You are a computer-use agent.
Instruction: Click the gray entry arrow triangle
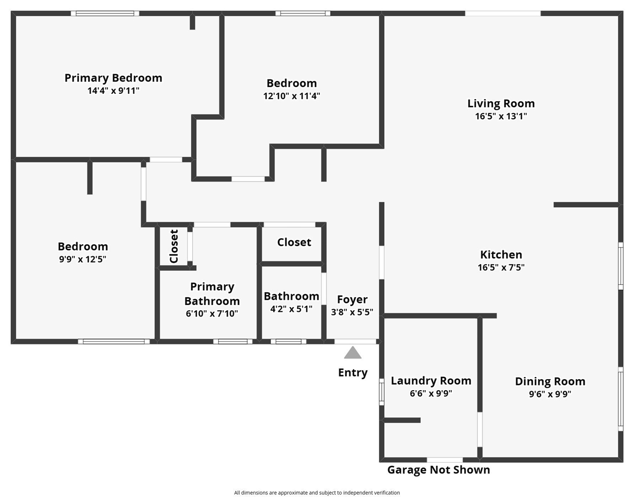point(353,353)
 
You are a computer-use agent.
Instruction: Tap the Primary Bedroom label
point(113,78)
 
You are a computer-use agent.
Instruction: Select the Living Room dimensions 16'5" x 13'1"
point(501,116)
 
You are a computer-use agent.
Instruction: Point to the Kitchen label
point(501,255)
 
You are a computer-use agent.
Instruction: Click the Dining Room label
point(550,381)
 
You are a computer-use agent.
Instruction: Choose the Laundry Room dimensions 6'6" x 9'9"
point(430,393)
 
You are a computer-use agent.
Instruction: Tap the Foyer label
point(352,299)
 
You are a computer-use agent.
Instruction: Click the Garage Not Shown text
point(438,470)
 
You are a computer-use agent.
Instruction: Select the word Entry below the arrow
point(353,372)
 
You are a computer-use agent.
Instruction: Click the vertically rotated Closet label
point(174,246)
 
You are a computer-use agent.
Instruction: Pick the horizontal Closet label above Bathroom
point(294,242)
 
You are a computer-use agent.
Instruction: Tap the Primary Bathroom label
point(212,294)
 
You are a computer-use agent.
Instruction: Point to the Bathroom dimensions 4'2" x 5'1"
point(291,309)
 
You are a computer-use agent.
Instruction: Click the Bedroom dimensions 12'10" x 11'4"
point(291,96)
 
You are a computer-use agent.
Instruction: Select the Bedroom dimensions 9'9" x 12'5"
point(83,259)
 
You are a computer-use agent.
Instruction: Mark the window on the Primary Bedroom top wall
point(105,13)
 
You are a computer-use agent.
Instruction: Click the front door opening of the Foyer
point(355,341)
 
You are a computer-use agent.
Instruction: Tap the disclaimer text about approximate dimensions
point(317,493)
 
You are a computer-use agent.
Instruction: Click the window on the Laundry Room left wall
point(382,392)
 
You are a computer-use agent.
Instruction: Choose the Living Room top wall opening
point(502,13)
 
